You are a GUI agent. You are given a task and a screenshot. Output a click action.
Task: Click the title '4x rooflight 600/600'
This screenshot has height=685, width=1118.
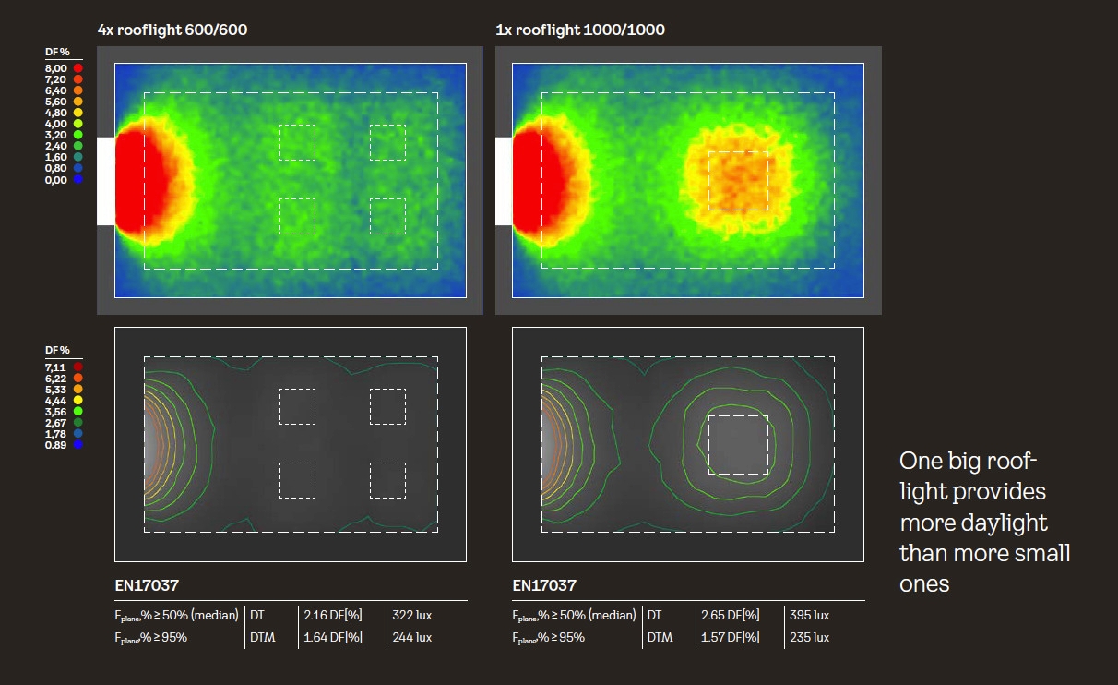pyautogui.click(x=172, y=30)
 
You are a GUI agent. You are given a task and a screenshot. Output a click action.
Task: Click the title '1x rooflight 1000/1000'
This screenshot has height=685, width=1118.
pyautogui.click(x=580, y=30)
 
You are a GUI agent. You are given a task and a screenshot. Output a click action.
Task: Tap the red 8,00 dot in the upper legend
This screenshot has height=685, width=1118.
pyautogui.click(x=78, y=68)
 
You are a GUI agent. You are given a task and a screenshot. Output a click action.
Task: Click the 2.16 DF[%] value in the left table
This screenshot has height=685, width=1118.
pyautogui.click(x=332, y=615)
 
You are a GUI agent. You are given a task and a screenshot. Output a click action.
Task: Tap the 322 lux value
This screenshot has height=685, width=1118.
pyautogui.click(x=412, y=615)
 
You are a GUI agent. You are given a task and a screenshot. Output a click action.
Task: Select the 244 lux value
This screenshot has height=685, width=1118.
pyautogui.click(x=412, y=637)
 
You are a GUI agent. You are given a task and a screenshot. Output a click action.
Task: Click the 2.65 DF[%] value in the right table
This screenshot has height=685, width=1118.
pyautogui.click(x=730, y=615)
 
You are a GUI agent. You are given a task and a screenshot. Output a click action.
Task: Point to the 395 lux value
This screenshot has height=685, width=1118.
pyautogui.click(x=809, y=615)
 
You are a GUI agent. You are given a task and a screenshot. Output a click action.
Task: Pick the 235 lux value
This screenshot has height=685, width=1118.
pyautogui.click(x=809, y=637)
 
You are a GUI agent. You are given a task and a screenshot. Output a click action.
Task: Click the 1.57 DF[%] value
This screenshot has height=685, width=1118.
pyautogui.click(x=730, y=637)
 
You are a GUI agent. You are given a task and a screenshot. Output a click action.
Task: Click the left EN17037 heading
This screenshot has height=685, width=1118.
pyautogui.click(x=147, y=585)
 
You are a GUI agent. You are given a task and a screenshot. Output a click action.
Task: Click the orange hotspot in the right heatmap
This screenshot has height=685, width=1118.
pyautogui.click(x=737, y=179)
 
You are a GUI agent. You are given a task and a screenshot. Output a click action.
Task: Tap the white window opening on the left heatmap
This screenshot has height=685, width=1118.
pyautogui.click(x=105, y=181)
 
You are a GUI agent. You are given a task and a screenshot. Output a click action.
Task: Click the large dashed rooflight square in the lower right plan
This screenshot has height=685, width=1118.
pyautogui.click(x=738, y=445)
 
